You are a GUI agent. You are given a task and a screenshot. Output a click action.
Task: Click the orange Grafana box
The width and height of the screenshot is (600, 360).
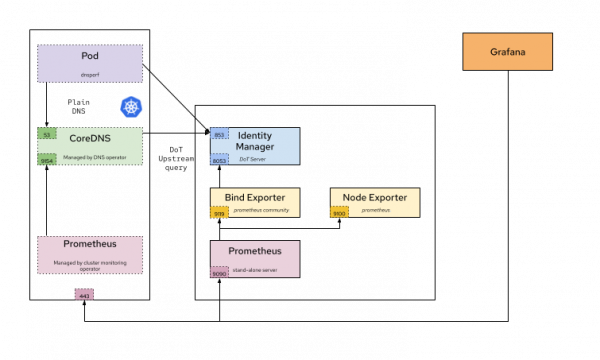pos(507,51)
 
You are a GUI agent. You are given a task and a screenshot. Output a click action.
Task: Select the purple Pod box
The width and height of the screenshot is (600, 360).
pos(90,63)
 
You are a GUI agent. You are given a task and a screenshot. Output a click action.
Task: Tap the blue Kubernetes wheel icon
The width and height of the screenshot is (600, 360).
pos(132,106)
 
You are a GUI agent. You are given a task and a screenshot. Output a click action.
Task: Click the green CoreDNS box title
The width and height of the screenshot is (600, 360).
pos(89,138)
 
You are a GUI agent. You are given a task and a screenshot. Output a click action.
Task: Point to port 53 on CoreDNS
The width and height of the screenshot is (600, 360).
pos(47,133)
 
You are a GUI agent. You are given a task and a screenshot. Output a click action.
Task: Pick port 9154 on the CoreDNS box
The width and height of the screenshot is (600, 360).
pos(47,160)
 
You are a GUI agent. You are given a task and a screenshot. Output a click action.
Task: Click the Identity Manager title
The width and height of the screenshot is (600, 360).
pos(254,140)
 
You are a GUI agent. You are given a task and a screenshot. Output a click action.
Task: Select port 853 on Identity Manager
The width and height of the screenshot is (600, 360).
pos(219,134)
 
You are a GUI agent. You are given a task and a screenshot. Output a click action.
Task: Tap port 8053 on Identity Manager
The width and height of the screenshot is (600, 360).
pos(219,159)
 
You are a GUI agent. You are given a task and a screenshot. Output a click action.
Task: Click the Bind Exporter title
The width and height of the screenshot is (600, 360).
pos(254,197)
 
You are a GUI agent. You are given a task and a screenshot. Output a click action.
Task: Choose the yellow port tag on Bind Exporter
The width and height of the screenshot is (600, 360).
pos(219,212)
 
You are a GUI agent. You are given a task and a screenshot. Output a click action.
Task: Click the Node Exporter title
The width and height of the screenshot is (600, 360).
pos(375,197)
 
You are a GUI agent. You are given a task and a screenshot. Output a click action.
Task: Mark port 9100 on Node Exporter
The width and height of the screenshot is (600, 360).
pos(339,212)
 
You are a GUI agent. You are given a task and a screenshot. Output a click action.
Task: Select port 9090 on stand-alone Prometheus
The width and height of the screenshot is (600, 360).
pos(219,272)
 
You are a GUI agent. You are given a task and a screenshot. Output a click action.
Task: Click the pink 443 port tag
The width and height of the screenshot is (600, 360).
pos(84,295)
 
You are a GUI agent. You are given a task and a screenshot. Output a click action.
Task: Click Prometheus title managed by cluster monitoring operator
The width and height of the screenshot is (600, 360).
pos(90,246)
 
